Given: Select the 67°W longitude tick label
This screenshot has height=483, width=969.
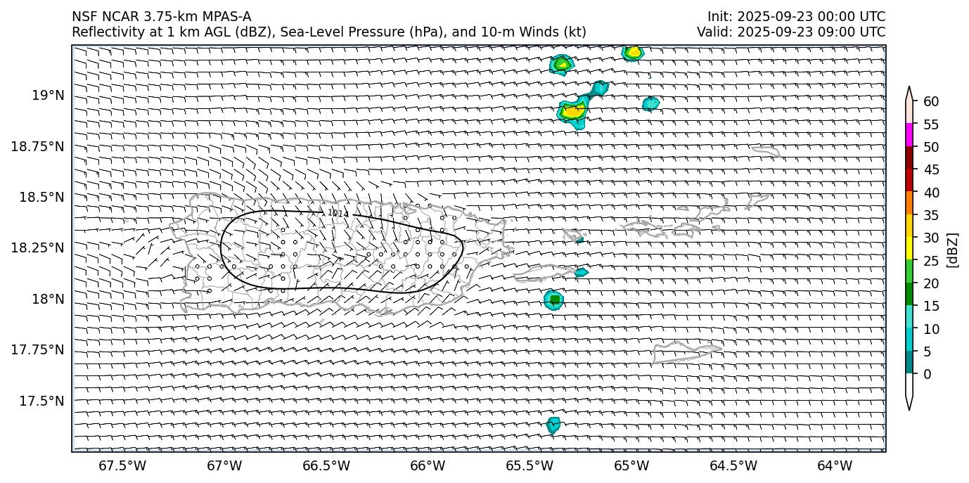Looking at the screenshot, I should click(225, 465).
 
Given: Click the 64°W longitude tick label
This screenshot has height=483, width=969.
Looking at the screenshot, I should click(835, 465).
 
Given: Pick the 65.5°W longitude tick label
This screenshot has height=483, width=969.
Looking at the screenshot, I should click(530, 465).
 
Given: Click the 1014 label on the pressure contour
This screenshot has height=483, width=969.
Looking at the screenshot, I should click(338, 213).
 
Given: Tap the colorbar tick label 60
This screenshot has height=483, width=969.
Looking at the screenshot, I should click(931, 102).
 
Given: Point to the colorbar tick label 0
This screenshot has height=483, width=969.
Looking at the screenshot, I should click(928, 374).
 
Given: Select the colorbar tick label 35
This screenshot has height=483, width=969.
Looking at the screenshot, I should click(931, 215).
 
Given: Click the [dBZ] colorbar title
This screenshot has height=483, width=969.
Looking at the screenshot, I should click(954, 250).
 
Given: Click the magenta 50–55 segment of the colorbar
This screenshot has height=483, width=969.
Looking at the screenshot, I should click(909, 135).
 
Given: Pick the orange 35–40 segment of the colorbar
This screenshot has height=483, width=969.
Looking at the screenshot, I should click(909, 203).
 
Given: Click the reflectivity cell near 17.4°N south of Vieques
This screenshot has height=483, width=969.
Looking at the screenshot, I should click(553, 425).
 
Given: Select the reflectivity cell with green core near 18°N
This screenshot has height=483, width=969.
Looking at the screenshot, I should click(554, 300).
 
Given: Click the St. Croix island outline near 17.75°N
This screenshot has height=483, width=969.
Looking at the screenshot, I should click(686, 352).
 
